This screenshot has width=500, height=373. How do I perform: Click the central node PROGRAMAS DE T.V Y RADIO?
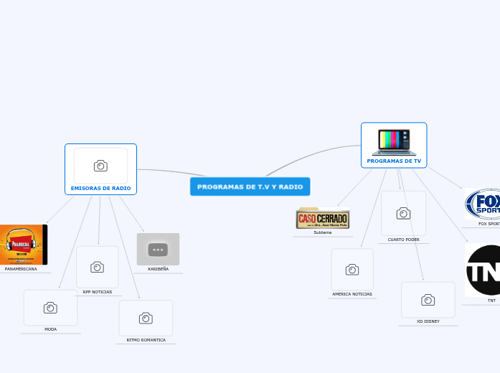250,186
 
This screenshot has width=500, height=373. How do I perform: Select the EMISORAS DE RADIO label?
100,189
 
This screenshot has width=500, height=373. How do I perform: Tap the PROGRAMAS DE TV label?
394,161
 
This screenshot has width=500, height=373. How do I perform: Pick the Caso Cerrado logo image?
323,218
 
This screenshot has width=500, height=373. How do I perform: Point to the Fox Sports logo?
484,204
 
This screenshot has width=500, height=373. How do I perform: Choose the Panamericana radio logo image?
22,245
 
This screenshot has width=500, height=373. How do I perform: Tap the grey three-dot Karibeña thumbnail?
158,249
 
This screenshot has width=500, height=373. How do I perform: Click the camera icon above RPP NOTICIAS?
97,267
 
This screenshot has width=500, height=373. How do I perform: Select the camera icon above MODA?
50,308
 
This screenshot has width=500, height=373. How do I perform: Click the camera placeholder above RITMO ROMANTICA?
146,318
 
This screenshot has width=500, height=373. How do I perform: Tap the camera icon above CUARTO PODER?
403,213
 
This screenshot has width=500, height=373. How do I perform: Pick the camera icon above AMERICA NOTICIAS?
352,269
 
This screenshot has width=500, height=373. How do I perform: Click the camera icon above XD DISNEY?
428,300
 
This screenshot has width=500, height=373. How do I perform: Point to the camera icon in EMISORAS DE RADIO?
100,166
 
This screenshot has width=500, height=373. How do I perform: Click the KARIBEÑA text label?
158,269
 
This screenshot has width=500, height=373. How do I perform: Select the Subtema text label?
323,232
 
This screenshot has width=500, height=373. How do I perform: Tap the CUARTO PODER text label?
404,240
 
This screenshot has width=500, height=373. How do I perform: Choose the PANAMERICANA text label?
21,269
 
